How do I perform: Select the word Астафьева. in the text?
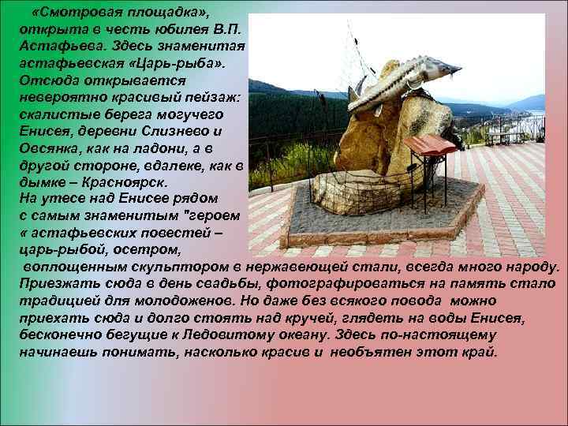pyautogui.click(x=60, y=47)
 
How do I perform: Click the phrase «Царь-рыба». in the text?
pyautogui.click(x=182, y=63)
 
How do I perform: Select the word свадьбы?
pyautogui.click(x=221, y=283)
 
